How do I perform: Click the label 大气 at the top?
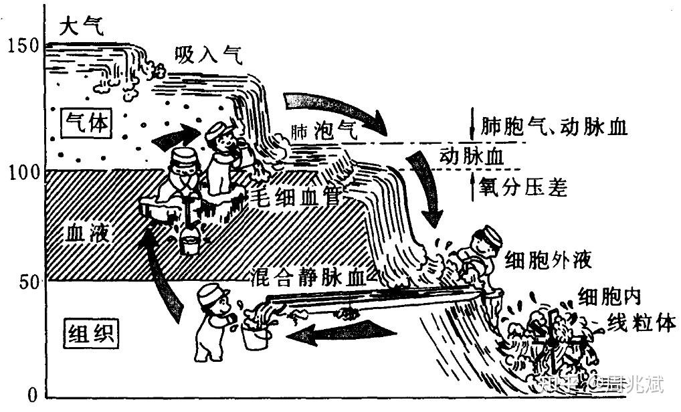pyautogui.click(x=82, y=27)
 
